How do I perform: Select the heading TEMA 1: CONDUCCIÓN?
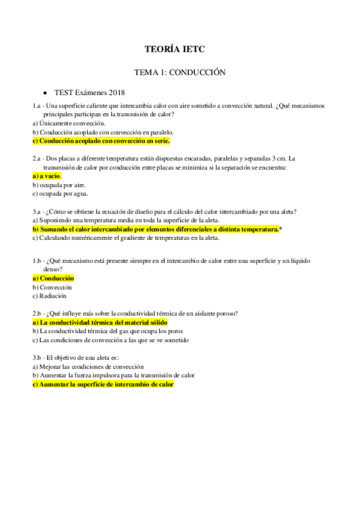click(179, 72)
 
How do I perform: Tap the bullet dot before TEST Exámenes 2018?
click(46, 93)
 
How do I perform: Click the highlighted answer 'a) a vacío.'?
click(47, 176)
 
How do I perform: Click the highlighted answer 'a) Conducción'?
click(53, 278)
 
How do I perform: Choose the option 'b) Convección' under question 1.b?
click(55, 287)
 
